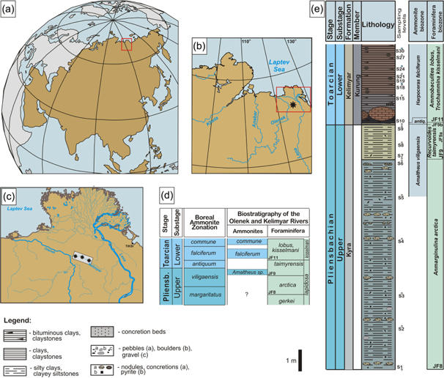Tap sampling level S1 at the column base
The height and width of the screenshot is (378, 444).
coord(400,366)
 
